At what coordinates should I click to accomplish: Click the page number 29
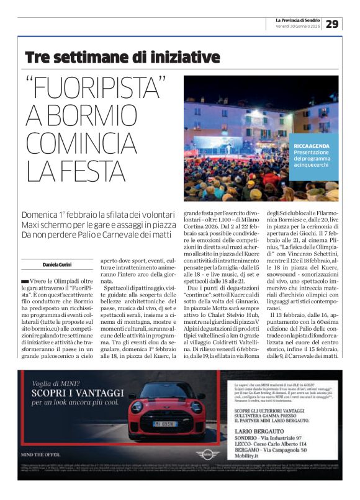[333, 24]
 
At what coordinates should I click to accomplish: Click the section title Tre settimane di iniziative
[114, 58]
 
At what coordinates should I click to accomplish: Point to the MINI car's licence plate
[164, 424]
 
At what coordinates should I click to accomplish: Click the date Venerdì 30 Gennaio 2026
[298, 27]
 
